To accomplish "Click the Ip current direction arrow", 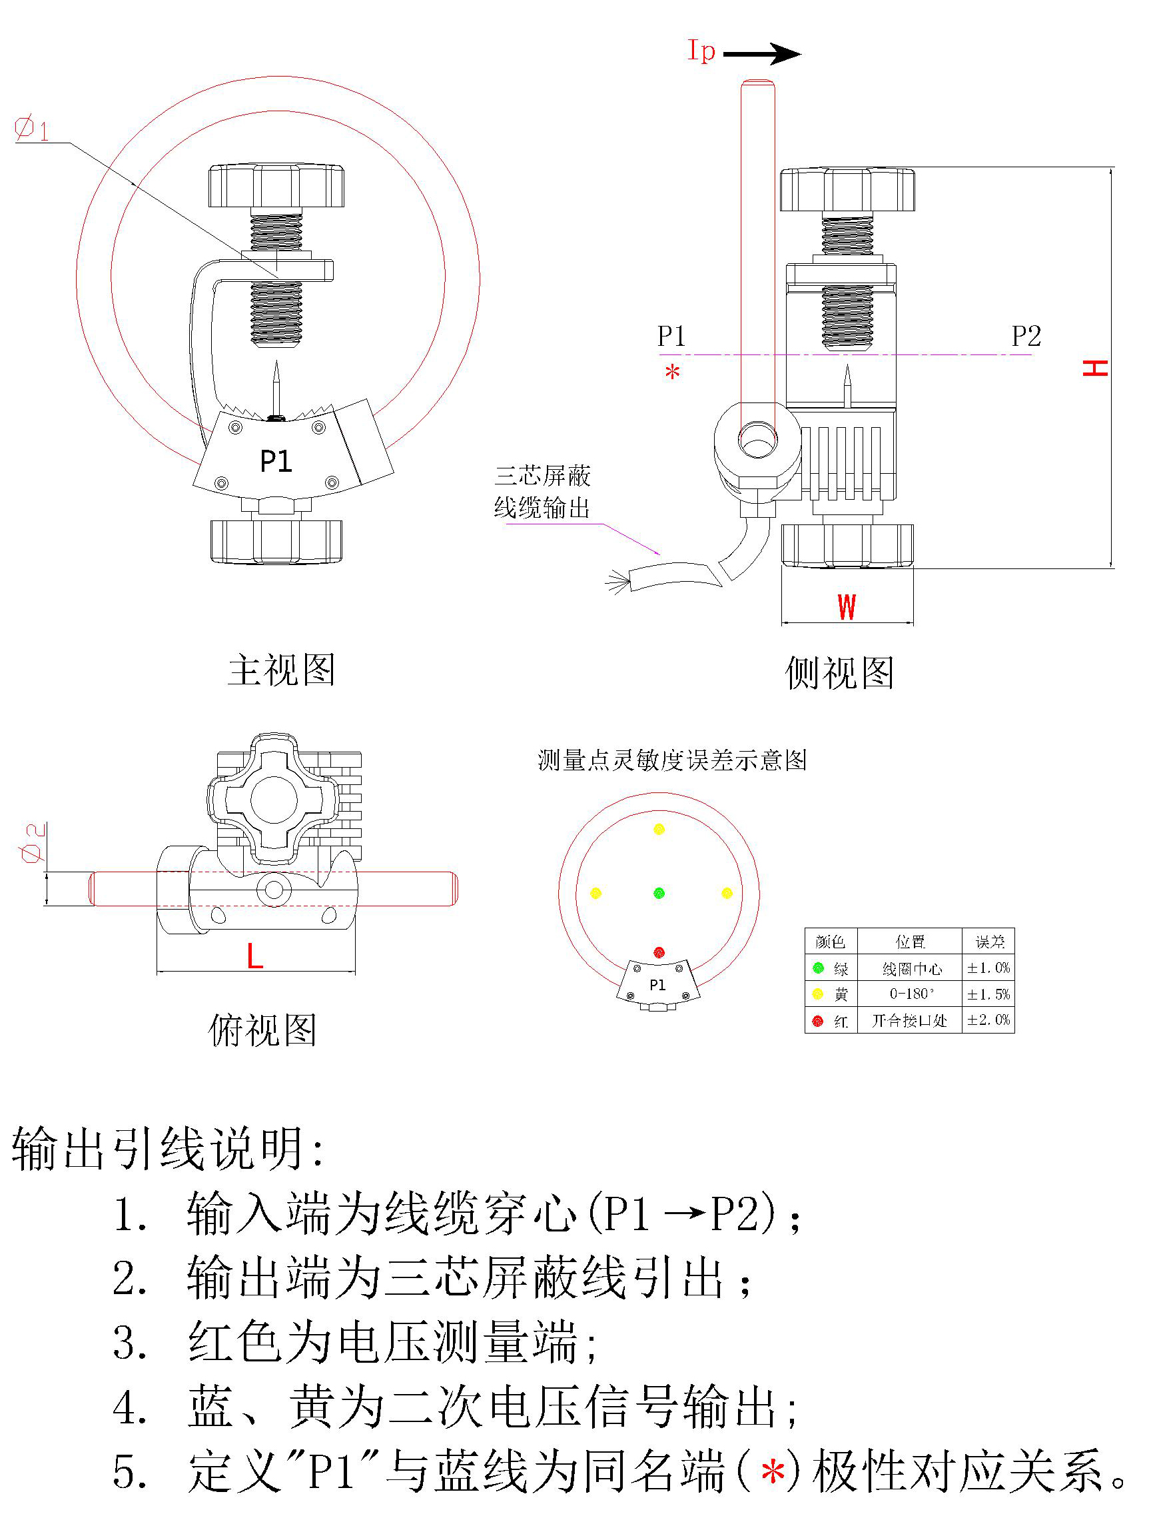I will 761,54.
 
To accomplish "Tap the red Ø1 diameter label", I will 32,129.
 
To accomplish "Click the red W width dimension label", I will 847,607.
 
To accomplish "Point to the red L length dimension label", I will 254,957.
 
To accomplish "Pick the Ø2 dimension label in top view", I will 33,843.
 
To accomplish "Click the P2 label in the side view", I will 1026,337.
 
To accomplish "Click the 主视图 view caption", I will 281,670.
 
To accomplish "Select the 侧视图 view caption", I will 839,673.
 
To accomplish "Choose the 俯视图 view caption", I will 262,1031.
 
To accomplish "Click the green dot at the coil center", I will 659,893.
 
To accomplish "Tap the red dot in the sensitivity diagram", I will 659,952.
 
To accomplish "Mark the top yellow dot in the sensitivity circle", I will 659,829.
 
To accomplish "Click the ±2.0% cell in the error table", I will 988,1020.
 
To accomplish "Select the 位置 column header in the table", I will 910,942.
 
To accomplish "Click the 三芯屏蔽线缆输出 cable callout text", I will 543,492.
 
